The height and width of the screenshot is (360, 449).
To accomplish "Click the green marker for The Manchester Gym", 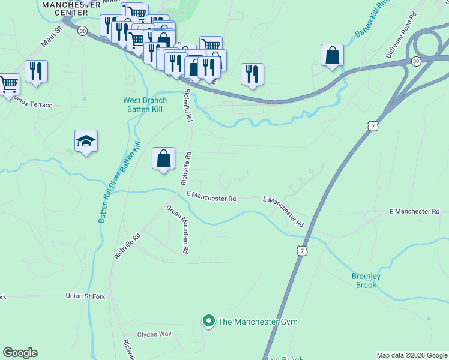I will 209,322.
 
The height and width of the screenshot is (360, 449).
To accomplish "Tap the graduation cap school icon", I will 86,142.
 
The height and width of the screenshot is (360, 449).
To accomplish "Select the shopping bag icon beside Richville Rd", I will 163,159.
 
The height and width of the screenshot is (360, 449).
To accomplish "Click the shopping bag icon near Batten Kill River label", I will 332,56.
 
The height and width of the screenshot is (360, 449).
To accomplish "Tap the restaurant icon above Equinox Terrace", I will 36,71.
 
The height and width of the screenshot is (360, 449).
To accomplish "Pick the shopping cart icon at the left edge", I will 8,85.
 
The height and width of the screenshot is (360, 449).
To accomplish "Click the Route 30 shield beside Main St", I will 82,31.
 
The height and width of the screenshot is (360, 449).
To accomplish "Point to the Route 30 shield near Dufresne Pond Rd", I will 415,61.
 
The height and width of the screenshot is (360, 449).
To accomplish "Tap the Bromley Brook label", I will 366,280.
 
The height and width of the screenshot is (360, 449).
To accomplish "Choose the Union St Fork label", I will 86,296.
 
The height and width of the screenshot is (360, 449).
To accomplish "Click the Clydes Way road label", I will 154,334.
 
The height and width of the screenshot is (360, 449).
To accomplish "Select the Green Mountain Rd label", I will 178,229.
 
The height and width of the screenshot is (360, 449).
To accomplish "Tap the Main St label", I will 52,37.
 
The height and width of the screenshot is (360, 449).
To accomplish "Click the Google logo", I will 20,353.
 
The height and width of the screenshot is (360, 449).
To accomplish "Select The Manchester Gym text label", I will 258,322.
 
